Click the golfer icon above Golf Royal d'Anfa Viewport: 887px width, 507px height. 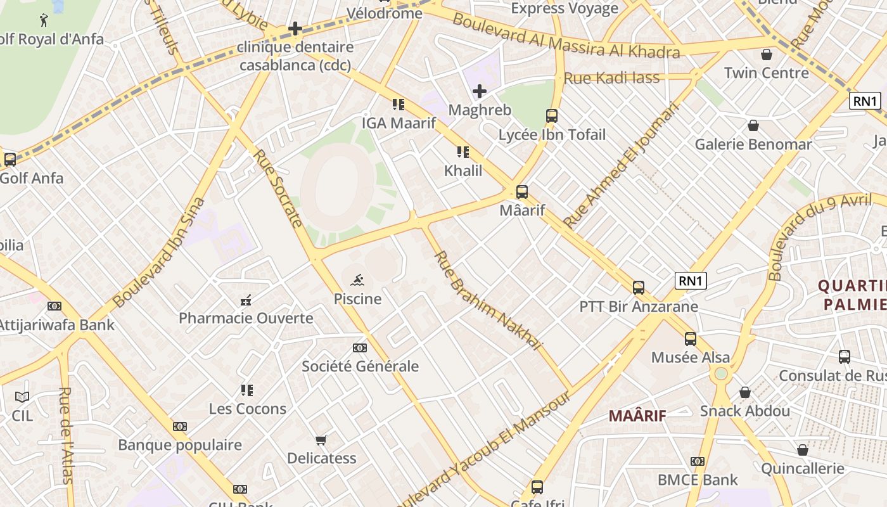44,20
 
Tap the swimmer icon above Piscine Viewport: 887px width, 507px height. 357,280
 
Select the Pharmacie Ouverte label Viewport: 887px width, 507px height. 246,318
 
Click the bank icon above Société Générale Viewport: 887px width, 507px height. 359,348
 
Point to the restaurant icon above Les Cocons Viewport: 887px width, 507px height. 247,390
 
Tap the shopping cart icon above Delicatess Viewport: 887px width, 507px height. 321,440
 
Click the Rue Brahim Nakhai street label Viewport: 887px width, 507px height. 488,300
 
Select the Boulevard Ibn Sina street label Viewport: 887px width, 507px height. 159,252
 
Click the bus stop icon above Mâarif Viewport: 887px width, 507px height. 522,192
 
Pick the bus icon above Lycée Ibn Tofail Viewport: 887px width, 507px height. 552,116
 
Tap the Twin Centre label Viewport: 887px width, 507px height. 767,72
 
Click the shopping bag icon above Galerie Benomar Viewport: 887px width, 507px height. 753,125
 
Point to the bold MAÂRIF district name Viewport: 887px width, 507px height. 637,416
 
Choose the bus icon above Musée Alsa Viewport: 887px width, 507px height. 691,339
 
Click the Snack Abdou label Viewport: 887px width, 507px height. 745,411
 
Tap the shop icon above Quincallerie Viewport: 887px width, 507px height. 803,450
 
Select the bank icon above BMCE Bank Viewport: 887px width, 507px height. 698,461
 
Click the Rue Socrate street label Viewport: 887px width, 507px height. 278,188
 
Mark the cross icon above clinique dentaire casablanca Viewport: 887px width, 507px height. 295,29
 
